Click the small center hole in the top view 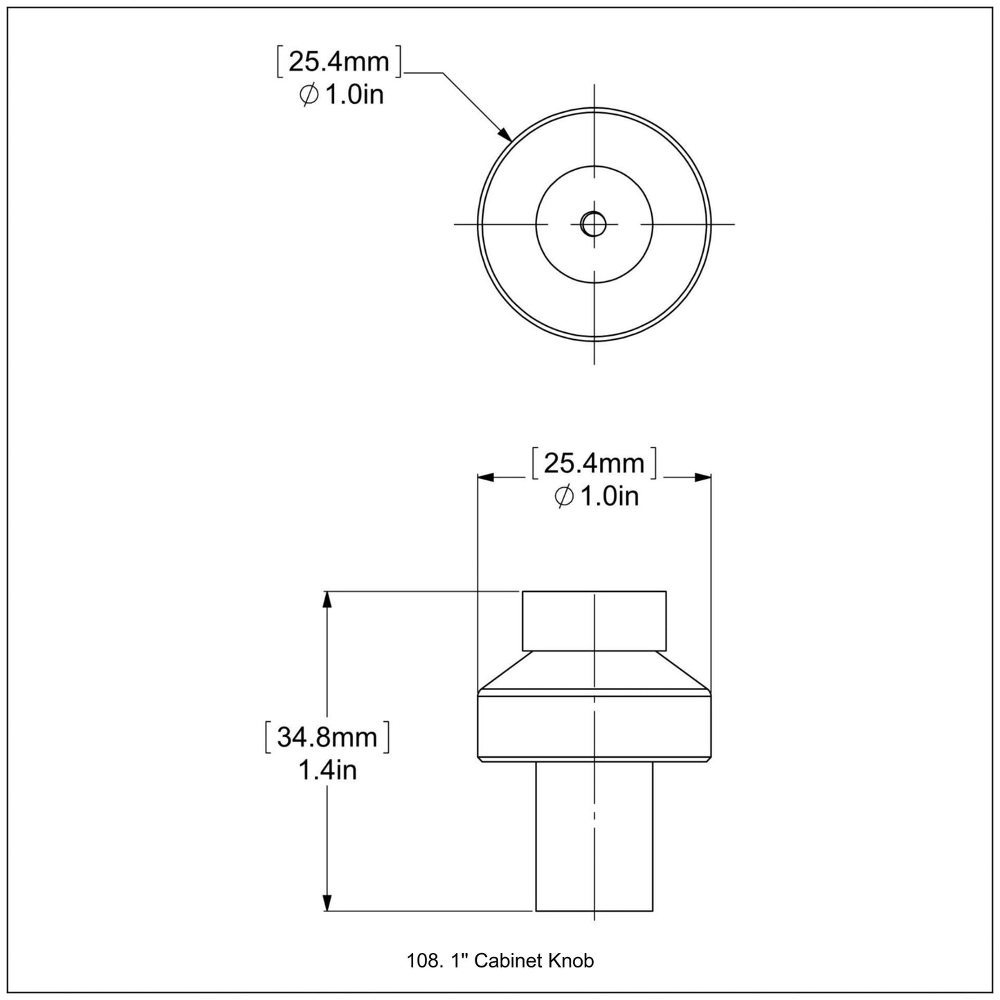pos(593,223)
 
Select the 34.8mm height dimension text pos(327,738)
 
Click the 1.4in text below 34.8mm pos(327,770)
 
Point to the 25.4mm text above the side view pos(594,463)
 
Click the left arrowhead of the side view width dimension pos(487,477)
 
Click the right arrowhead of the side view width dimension pos(703,477)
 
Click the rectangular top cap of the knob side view pos(594,620)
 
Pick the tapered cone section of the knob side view pos(594,671)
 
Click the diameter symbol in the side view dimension pos(564,496)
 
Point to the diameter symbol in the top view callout pos(309,95)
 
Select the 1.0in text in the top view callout pos(354,95)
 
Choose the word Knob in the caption pos(571,961)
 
